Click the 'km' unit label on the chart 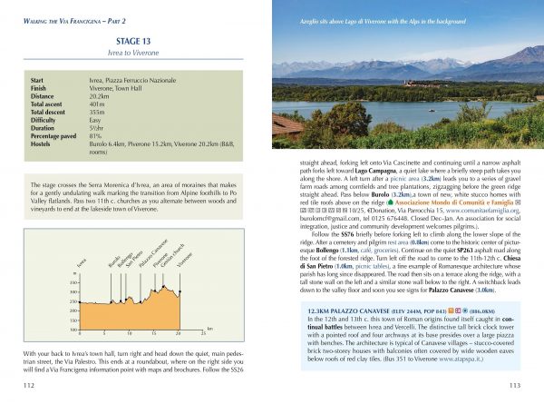pos(209,329)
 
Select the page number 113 pos(514,385)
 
